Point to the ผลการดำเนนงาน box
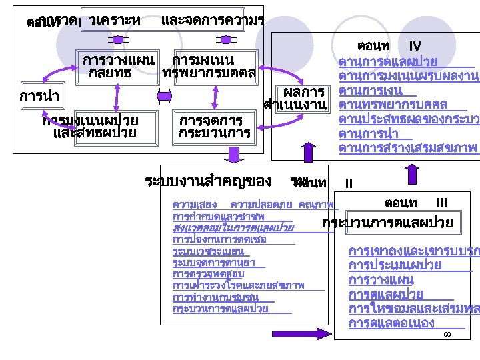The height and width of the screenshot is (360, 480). click(x=297, y=97)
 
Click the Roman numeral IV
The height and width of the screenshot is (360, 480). click(x=415, y=46)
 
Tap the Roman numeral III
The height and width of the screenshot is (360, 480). click(x=441, y=202)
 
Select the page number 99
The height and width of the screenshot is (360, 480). click(x=447, y=334)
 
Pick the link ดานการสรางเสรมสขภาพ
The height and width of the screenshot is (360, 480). click(x=407, y=147)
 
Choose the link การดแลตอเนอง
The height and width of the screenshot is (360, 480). click(x=391, y=323)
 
